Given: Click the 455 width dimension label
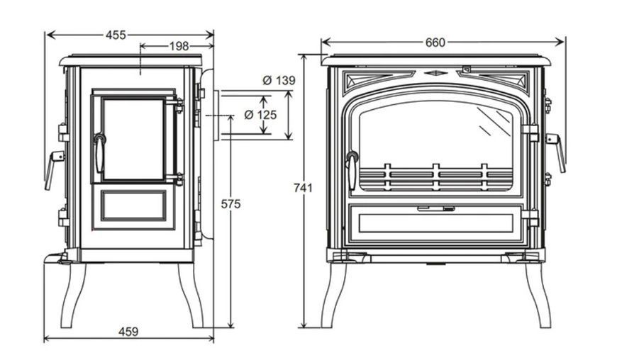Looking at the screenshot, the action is tap(116, 35).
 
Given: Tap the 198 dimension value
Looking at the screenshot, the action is tap(179, 46).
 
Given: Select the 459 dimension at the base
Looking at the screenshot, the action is tap(128, 332).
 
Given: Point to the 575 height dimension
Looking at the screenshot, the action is tap(230, 204).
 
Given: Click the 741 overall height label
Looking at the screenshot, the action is tap(303, 188).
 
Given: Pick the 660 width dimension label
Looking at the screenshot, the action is tap(435, 43).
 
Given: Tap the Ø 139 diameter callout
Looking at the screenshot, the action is tap(279, 81).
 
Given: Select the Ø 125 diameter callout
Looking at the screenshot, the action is tap(260, 115).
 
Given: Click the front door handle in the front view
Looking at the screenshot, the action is tap(351, 170).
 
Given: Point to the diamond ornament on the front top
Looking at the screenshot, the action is tap(435, 73).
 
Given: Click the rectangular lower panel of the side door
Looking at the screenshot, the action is tap(134, 206).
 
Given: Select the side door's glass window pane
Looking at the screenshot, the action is tap(134, 139).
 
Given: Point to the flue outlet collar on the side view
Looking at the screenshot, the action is tap(217, 115).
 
